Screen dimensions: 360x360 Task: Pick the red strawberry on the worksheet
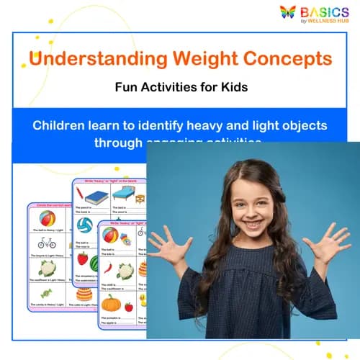82,258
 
